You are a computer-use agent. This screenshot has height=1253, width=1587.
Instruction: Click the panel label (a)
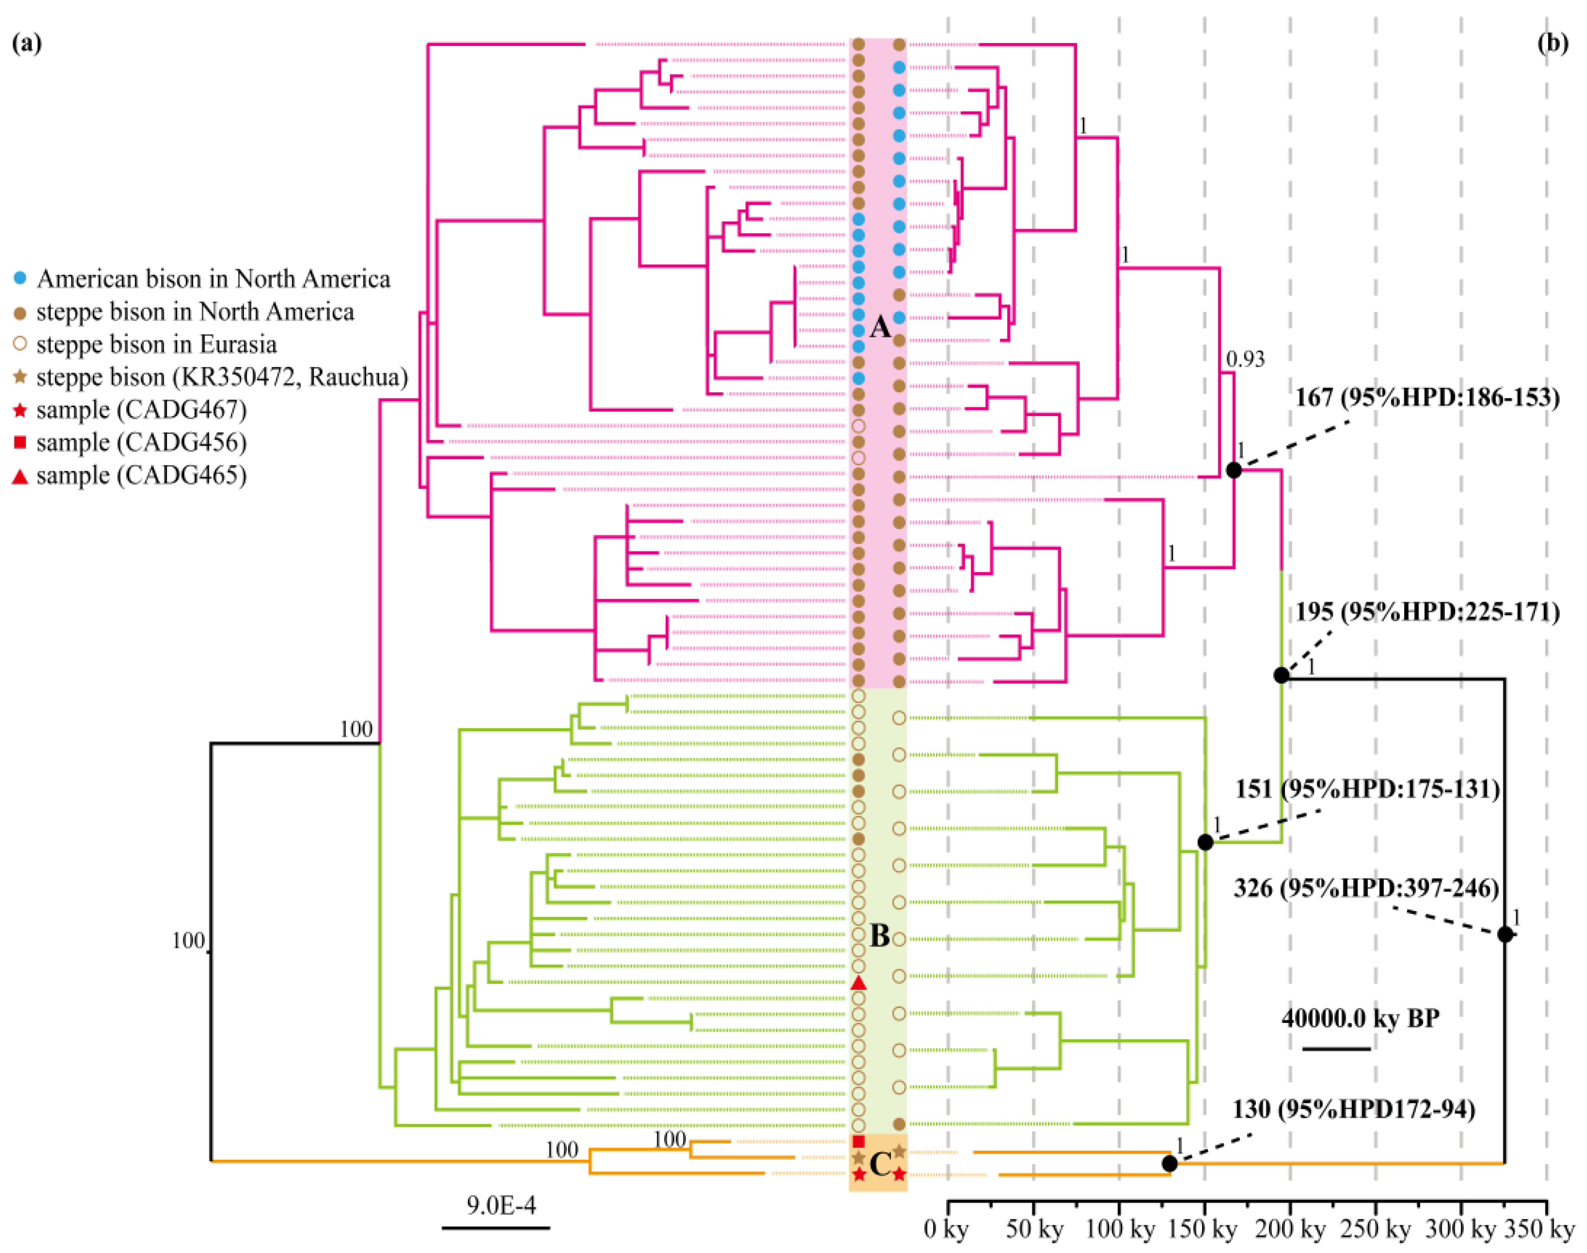point(27,44)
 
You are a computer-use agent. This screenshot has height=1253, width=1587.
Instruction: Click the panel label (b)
point(1552,44)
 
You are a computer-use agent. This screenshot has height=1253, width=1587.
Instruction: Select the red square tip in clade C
point(859,1142)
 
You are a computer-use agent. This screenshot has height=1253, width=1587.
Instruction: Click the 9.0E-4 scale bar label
point(501,1205)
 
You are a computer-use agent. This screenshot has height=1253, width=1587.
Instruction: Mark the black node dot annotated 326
point(1505,934)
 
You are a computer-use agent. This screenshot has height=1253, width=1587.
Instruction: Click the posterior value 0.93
point(1245,359)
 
